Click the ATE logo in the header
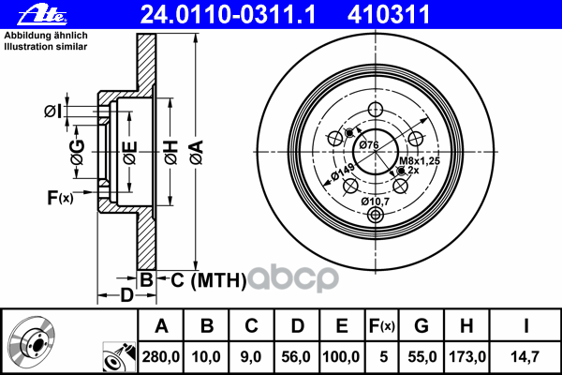pos(42,15)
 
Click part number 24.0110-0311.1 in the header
pos(228,15)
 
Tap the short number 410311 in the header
pos(389,15)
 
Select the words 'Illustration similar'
pos(46,47)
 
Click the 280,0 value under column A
pos(160,356)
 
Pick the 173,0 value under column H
pos(467,356)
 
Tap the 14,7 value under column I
pos(525,356)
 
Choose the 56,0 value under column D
pos(296,356)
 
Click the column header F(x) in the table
pos(382,326)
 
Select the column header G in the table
pos(421,326)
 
